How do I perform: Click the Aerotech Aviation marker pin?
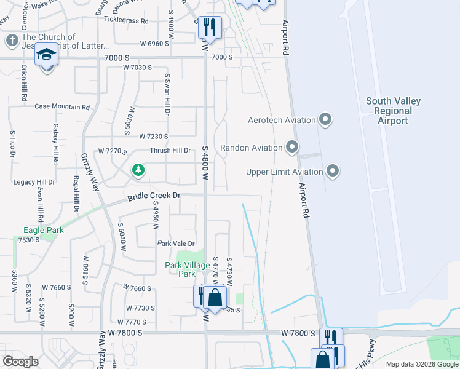pos(326,119)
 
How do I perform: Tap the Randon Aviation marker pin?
pos(292,148)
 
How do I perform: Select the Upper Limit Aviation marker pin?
pos(333,171)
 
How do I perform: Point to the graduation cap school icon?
pos(46,55)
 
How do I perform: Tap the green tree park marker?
pos(139,170)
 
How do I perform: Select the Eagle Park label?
pos(40,231)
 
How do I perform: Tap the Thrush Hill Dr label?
pos(170,151)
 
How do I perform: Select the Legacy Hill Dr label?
pos(34,183)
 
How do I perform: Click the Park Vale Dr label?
pos(176,244)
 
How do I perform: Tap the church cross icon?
pos(12,41)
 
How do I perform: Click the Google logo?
pos(21,362)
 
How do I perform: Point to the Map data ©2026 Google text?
pos(421,364)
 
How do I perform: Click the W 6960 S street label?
pos(154,44)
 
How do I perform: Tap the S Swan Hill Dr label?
pos(166,94)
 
